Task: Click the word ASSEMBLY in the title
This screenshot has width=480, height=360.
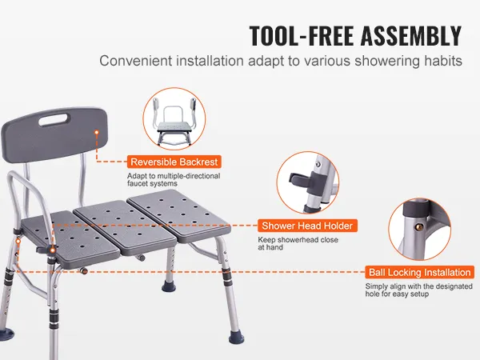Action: coord(411,35)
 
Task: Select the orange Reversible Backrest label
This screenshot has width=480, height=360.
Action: coord(174,162)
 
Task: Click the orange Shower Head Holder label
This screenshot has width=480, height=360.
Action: coord(307,226)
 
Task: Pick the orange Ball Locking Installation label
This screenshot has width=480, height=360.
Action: coord(419,272)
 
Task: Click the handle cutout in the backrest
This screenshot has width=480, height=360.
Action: coord(54,120)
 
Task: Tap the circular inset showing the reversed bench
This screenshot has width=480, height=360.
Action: coord(174,118)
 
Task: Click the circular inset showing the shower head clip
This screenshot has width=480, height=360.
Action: coord(308,182)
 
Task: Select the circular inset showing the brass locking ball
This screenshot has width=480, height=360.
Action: coord(420,229)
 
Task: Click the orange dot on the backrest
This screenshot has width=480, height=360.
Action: coord(97,132)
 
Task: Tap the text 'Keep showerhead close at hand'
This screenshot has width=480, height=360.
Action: coord(298,243)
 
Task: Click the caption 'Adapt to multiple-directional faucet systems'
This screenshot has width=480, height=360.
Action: coord(174,180)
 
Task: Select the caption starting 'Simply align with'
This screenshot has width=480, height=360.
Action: coord(418,290)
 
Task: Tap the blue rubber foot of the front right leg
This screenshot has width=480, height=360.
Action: coord(236,338)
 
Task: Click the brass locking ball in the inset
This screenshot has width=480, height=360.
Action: coord(421,227)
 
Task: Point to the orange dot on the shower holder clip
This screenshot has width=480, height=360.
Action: coord(53,250)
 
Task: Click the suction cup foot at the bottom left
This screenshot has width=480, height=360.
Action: coord(6,334)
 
